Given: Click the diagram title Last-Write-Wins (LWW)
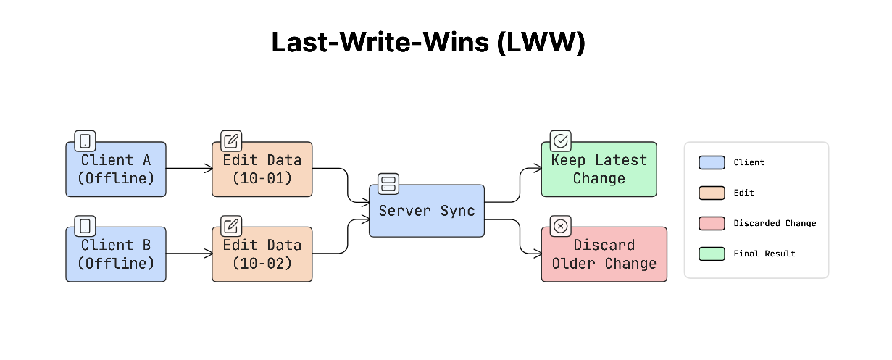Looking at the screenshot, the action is click(428, 42).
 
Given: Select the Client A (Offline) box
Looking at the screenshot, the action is click(116, 169).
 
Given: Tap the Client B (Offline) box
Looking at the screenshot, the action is click(116, 254).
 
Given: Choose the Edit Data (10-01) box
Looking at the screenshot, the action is click(262, 169).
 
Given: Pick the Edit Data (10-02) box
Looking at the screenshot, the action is click(262, 254).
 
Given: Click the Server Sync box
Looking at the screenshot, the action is click(427, 211).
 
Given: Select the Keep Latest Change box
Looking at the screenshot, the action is click(599, 169).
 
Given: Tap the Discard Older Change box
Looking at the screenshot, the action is click(604, 254).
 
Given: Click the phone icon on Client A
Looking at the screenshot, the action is click(86, 141).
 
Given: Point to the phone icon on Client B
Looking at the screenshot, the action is click(86, 226).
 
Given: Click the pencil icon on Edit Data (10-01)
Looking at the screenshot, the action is click(231, 141).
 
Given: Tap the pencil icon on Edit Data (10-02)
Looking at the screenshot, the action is click(231, 226).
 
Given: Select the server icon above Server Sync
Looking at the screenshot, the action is click(388, 183).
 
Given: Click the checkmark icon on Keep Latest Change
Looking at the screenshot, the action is click(561, 141).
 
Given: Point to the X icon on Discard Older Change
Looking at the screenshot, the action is click(561, 226).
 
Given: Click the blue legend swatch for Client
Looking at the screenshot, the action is click(712, 162).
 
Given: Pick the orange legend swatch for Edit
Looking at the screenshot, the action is click(712, 193).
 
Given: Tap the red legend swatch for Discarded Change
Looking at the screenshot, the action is click(712, 223).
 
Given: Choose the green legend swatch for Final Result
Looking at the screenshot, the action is click(712, 254).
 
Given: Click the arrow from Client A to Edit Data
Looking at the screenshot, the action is click(189, 169).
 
